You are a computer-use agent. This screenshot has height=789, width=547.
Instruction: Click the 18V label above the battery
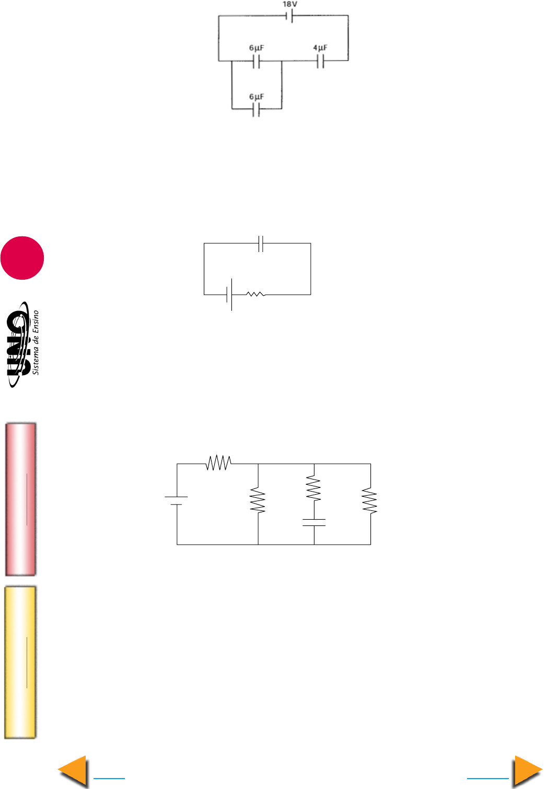[289, 4]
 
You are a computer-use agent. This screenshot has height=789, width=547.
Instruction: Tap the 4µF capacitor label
[320, 47]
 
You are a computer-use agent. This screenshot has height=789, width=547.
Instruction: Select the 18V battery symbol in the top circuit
[289, 16]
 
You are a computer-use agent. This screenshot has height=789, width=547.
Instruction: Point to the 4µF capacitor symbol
[320, 61]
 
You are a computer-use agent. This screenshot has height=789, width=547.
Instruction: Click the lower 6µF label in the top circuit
[257, 97]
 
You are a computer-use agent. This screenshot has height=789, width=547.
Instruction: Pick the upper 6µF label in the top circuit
[257, 47]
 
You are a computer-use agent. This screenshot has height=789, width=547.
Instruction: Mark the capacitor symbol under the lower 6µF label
[256, 110]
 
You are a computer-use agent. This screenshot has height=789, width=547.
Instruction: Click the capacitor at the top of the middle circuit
[261, 244]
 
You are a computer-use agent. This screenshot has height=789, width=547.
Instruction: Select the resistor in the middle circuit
[256, 294]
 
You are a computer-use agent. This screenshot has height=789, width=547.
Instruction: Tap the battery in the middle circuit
[229, 294]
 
